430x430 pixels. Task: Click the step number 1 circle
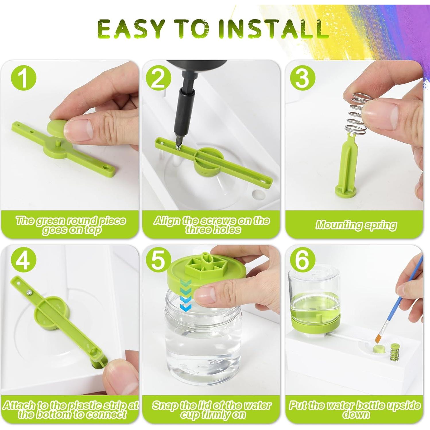tap(24, 78)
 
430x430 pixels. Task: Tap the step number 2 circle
tap(158, 78)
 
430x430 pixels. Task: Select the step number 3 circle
tap(303, 78)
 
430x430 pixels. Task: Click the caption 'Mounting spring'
tap(356, 225)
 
